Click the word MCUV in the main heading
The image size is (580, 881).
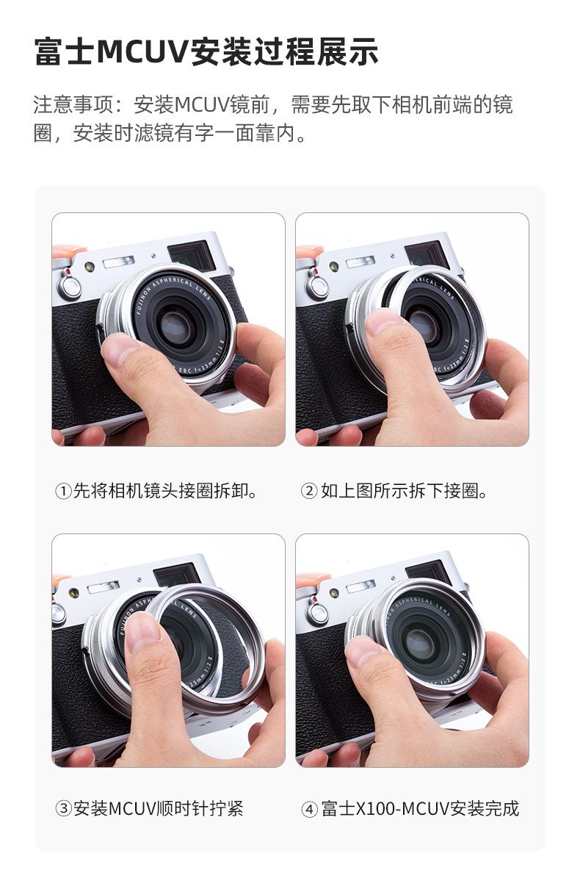pos(142,51)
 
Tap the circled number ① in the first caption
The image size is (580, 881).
pos(63,492)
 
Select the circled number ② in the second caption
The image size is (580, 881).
pos(309,492)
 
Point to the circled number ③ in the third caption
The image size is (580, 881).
pos(63,809)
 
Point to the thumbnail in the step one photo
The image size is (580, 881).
pos(121,350)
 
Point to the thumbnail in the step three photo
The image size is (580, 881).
pos(142,631)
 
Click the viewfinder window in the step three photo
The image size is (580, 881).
pos(175,575)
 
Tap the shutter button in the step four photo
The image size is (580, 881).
pos(319,612)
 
